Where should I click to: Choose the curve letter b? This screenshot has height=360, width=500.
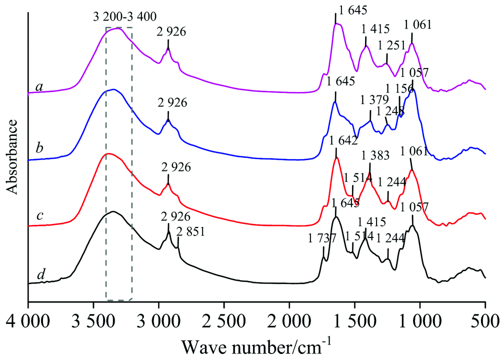point(38,147)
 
